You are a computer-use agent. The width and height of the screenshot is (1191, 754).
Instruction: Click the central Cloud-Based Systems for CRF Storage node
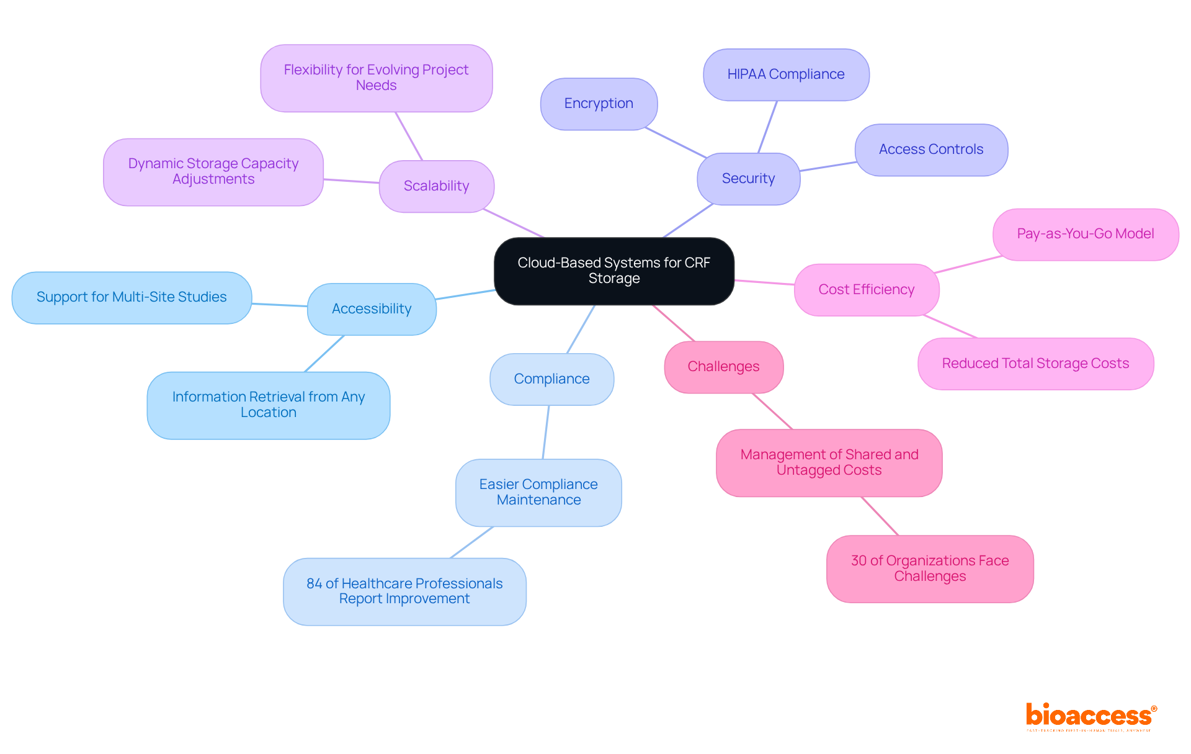coord(613,271)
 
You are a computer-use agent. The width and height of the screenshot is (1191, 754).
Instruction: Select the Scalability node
coord(436,186)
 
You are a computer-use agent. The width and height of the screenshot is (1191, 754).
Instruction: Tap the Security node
coord(748,179)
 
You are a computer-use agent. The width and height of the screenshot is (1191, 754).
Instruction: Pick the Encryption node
coord(599,104)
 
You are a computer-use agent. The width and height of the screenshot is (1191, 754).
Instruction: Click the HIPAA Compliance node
coord(785,74)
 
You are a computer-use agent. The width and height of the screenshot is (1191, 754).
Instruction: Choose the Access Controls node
coord(930,150)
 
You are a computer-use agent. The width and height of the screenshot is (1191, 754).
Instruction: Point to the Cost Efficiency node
coord(866,290)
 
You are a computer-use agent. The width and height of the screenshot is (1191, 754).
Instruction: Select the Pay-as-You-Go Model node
coord(1085,234)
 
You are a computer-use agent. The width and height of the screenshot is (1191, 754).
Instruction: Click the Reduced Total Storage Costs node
coord(1035,364)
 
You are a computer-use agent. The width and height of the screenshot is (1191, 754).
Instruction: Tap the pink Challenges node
coord(723,367)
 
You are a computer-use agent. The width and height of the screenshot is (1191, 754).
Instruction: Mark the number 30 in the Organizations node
coord(859,561)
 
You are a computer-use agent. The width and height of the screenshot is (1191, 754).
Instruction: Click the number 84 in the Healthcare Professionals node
coord(314,584)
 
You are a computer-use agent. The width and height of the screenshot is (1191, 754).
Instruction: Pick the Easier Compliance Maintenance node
coord(538,492)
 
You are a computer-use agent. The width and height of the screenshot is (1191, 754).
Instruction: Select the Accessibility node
coord(372,309)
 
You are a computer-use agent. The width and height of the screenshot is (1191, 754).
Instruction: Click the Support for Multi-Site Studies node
coord(132,297)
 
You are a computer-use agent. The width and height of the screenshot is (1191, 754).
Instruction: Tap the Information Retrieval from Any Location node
coord(268,405)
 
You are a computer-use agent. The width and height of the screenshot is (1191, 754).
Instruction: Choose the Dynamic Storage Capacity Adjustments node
coord(213,172)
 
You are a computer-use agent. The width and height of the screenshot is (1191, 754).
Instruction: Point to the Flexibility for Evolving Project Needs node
coord(376,78)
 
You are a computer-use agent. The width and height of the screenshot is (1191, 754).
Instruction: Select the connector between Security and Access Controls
coord(827,166)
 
